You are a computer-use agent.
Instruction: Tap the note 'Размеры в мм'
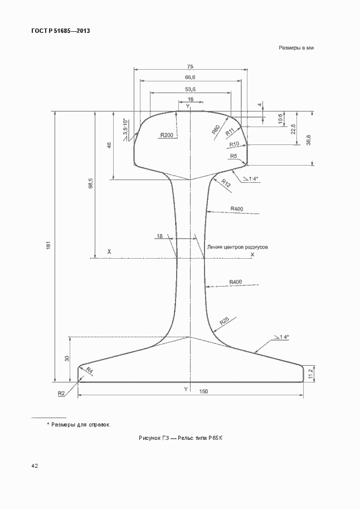click(x=297, y=49)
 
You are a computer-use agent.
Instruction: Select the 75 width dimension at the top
click(x=190, y=66)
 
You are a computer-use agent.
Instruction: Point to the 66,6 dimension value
click(x=190, y=77)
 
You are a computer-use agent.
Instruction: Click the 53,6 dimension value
click(x=190, y=89)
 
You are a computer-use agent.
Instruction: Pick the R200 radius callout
click(x=167, y=135)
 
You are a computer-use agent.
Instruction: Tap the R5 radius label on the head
click(x=233, y=156)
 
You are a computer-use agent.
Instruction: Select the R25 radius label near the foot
click(x=224, y=321)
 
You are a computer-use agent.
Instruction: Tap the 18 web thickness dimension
click(x=160, y=236)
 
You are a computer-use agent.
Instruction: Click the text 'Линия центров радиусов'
click(x=238, y=245)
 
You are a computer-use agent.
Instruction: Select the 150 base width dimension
click(x=203, y=391)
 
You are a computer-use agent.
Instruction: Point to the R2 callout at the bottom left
click(x=61, y=394)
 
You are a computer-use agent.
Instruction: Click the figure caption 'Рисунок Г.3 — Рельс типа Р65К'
click(x=181, y=438)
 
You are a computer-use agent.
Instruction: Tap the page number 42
click(x=27, y=464)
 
